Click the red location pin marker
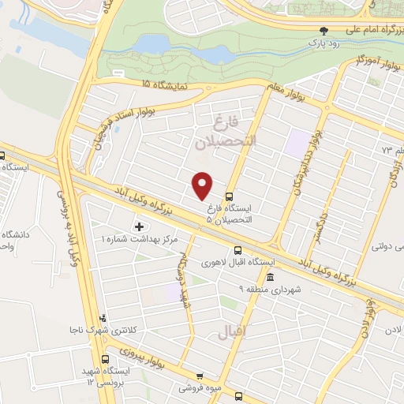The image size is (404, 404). point(203,185)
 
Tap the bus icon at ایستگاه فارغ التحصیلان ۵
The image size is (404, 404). point(229,196)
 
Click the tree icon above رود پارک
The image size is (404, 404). point(324,32)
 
